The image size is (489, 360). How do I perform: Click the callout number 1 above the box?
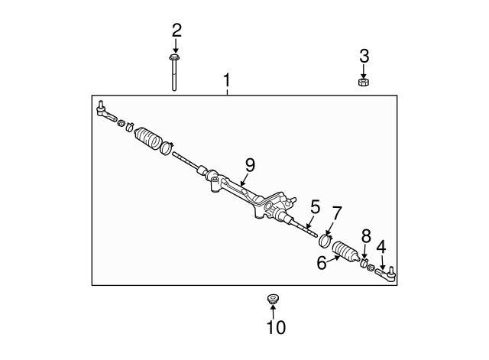[227, 80]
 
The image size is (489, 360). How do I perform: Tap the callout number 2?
[176, 31]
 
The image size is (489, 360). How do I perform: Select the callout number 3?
[364, 56]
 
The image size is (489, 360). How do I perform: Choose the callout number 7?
[337, 213]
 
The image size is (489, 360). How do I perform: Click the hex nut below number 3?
[364, 83]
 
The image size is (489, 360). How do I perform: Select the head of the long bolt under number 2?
[174, 58]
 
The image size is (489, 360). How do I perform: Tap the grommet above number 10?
[274, 299]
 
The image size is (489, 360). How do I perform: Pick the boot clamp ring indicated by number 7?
[325, 241]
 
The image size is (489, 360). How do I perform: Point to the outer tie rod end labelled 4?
[385, 273]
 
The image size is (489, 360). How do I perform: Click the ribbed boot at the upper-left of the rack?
[147, 138]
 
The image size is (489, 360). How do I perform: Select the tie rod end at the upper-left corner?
[105, 112]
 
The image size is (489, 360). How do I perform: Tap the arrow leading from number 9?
[244, 180]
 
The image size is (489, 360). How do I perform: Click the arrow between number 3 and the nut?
[364, 71]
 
